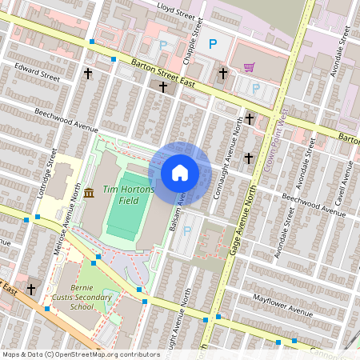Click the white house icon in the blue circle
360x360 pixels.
pos(179,172)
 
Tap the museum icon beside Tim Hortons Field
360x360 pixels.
pos(88,192)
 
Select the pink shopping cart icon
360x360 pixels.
pos(249,67)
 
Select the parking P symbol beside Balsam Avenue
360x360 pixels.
pos(188,231)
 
